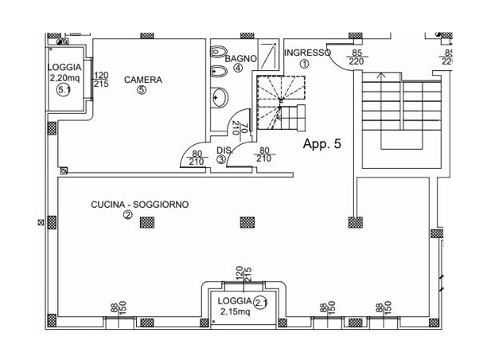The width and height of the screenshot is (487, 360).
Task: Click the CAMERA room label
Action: (x=143, y=80)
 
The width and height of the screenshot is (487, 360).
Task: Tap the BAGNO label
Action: (x=240, y=59)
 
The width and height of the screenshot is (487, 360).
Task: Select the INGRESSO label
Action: (x=307, y=53)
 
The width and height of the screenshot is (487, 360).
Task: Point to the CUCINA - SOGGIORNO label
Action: (x=140, y=205)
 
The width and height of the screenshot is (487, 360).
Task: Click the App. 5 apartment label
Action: (x=322, y=144)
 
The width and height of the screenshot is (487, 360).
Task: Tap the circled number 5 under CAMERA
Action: (x=142, y=90)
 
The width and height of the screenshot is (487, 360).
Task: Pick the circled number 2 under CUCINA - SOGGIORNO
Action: (x=127, y=214)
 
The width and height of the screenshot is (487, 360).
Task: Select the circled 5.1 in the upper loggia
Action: (x=64, y=90)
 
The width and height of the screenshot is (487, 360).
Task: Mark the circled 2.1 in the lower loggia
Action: (x=261, y=302)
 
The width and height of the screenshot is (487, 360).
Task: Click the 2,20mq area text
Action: (x=64, y=78)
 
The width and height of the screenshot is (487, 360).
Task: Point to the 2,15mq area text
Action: (x=235, y=311)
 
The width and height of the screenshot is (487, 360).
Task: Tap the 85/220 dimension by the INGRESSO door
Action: (x=356, y=57)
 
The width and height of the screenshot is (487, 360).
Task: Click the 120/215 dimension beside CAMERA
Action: (x=101, y=80)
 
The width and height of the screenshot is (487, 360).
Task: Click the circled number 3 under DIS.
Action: (x=221, y=159)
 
